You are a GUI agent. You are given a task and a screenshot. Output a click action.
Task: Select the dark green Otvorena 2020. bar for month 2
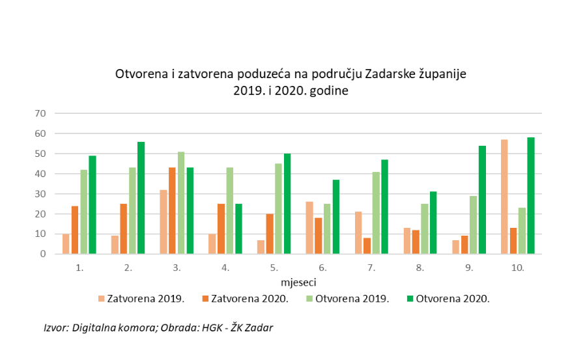coord(141,198)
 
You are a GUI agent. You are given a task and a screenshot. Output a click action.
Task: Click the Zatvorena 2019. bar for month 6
coord(309,228)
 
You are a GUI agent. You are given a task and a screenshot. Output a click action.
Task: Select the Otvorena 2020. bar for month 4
coord(238,228)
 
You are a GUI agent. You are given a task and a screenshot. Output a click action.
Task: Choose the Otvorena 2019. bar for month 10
coord(522,230)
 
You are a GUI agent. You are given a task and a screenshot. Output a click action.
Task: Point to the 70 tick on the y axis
coord(40,113)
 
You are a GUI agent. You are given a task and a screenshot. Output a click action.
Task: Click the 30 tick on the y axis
coord(40,194)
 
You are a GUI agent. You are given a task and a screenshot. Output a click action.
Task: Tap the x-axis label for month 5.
coord(274,267)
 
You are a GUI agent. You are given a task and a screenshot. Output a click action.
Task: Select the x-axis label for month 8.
coord(420,267)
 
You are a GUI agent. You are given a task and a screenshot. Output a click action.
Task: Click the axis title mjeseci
coord(298,283)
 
